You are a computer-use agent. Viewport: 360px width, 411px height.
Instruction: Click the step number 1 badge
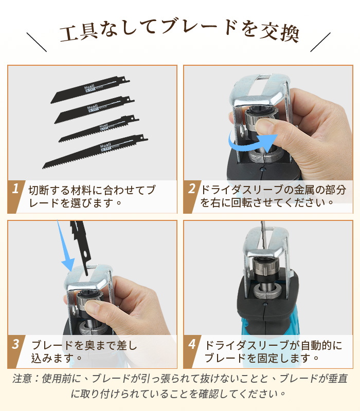15,190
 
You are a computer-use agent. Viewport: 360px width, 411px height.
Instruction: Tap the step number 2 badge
191,190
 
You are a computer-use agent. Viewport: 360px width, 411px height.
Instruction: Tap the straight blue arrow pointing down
65,247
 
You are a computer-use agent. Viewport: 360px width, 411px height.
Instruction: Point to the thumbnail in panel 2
267,125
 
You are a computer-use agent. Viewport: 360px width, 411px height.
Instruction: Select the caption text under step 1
91,196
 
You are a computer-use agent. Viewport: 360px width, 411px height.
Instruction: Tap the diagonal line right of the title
321,42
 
